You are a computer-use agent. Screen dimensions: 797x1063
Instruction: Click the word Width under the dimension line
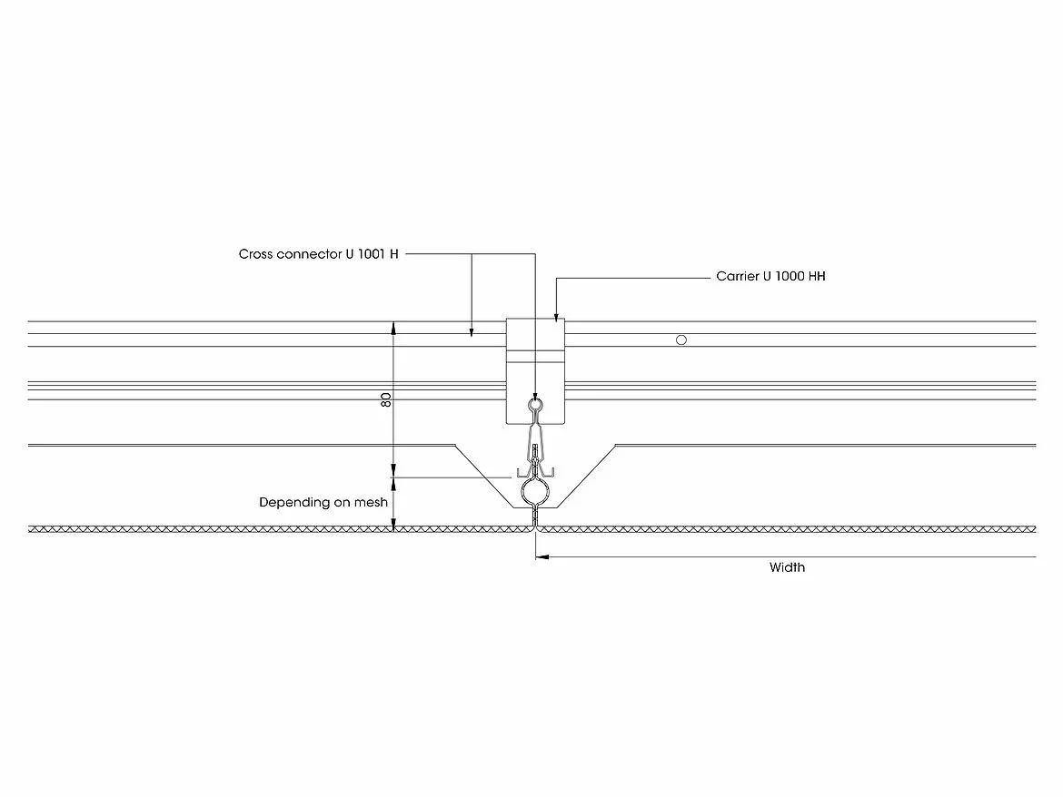coord(787,568)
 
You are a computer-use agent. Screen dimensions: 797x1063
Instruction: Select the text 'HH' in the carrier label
coord(816,276)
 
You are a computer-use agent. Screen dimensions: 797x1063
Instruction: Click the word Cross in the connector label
coord(256,254)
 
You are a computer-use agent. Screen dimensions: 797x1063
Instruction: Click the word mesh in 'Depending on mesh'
coord(373,502)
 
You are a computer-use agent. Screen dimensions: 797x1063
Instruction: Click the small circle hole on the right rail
coord(681,340)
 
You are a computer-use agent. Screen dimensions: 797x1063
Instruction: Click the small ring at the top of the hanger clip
coord(536,404)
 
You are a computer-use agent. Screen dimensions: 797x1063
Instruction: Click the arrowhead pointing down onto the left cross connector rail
coord(472,333)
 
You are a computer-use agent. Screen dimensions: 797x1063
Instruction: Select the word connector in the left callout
coord(307,254)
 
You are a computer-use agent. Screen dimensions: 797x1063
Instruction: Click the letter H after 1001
coord(393,254)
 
